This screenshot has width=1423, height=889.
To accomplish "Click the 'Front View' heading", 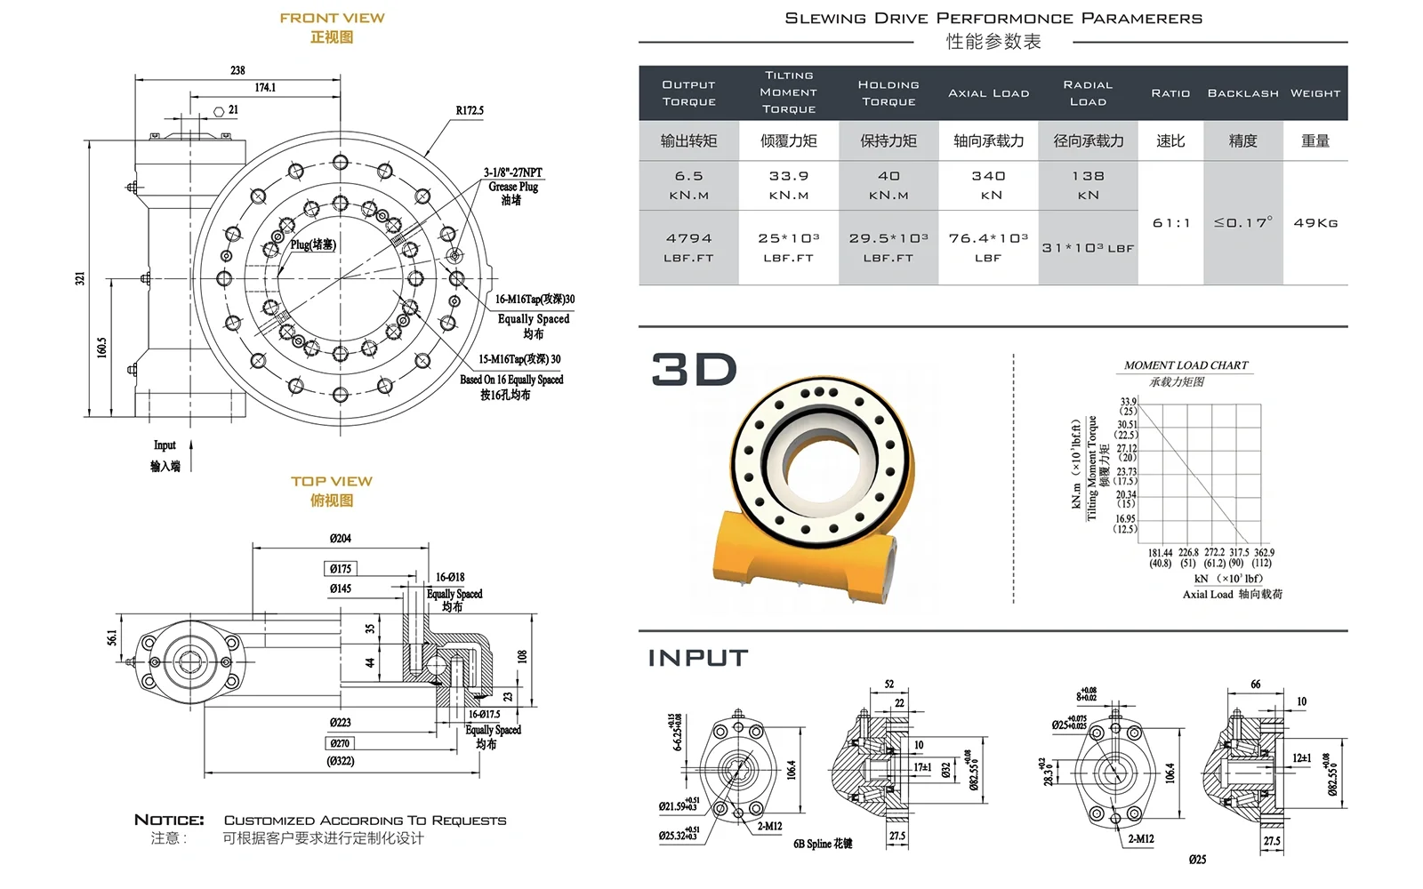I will [332, 18].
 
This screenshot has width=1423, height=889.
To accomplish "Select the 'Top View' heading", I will [331, 481].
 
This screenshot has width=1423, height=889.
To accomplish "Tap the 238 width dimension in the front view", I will [237, 70].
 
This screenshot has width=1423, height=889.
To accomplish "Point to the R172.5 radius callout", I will [470, 111].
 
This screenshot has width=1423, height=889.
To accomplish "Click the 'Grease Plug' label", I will [513, 187].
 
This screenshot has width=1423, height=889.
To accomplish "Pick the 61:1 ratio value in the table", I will [1170, 223].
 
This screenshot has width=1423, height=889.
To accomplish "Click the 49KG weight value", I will [1315, 223].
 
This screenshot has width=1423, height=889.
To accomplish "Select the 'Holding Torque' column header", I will [888, 93].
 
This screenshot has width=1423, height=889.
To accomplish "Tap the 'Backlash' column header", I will [1242, 93].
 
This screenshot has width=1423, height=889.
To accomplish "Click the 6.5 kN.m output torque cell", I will [688, 185].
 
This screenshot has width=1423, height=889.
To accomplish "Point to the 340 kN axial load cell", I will [988, 185].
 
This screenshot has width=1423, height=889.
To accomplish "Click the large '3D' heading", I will [694, 370].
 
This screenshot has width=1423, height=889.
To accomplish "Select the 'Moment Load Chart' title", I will [1186, 365].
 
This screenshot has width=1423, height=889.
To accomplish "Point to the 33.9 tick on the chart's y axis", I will [1128, 402].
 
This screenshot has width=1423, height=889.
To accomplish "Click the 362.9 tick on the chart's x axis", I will [1264, 552].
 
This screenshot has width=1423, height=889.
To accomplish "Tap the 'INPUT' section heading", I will [698, 658].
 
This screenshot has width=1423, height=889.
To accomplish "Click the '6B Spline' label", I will [823, 844].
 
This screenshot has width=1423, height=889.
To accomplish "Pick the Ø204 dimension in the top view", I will [340, 539].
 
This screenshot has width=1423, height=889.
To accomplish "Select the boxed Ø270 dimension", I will [340, 743].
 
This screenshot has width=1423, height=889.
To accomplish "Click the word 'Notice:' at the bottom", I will [169, 820].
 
